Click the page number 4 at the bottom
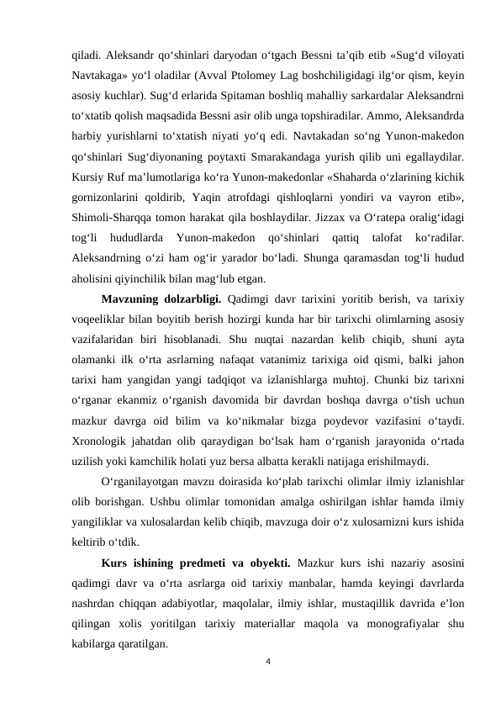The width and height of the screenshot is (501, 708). click(266, 661)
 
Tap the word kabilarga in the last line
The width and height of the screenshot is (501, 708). click(98, 643)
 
